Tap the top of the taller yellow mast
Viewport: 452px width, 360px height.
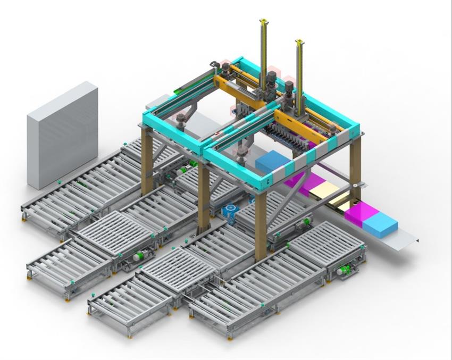(263, 22)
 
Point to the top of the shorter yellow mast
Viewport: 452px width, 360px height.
(299, 42)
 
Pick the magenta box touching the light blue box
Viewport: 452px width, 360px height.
(360, 215)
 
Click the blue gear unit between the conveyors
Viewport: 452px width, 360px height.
(230, 212)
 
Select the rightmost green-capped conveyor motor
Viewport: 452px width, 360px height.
(345, 270)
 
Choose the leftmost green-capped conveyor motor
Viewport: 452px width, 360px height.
(138, 256)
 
